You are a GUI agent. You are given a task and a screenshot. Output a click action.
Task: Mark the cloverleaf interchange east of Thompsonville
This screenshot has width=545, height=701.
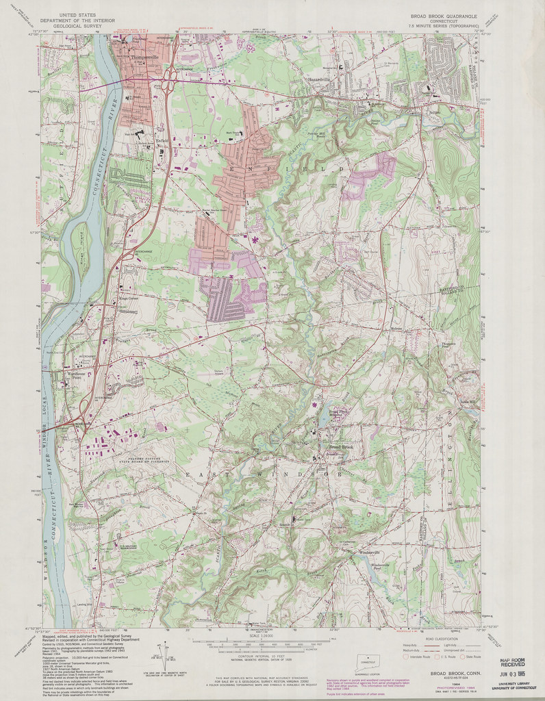point(167,87)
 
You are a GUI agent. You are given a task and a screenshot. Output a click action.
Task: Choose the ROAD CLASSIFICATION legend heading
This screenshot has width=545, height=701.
point(439,639)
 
